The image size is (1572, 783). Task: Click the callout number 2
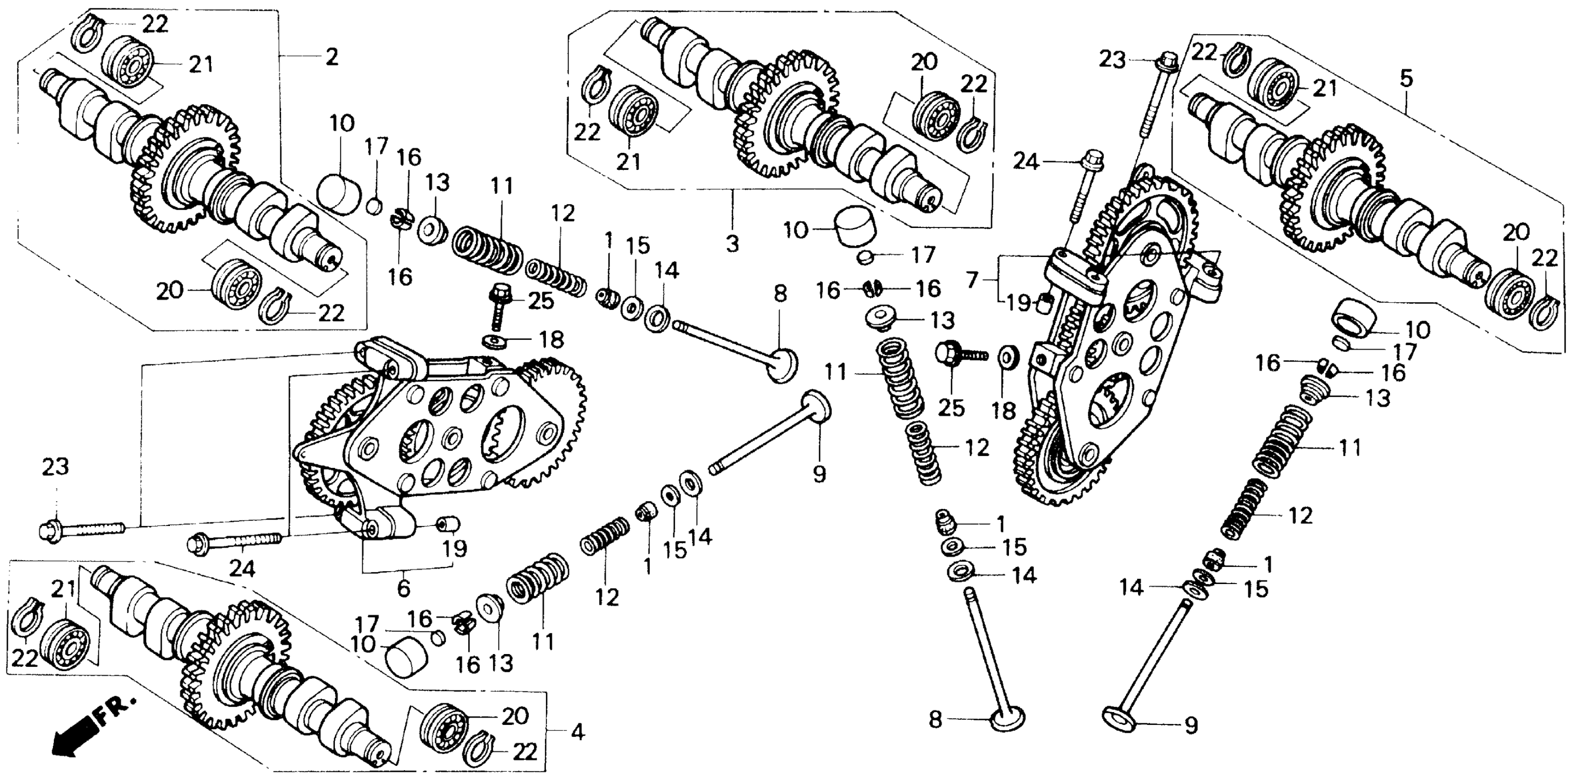[x=331, y=58]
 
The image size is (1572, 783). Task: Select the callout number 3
[x=732, y=244]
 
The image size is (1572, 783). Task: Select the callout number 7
[x=972, y=280]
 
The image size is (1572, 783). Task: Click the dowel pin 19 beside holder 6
[x=451, y=524]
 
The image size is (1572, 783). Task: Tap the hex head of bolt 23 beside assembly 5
[x=1163, y=61]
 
